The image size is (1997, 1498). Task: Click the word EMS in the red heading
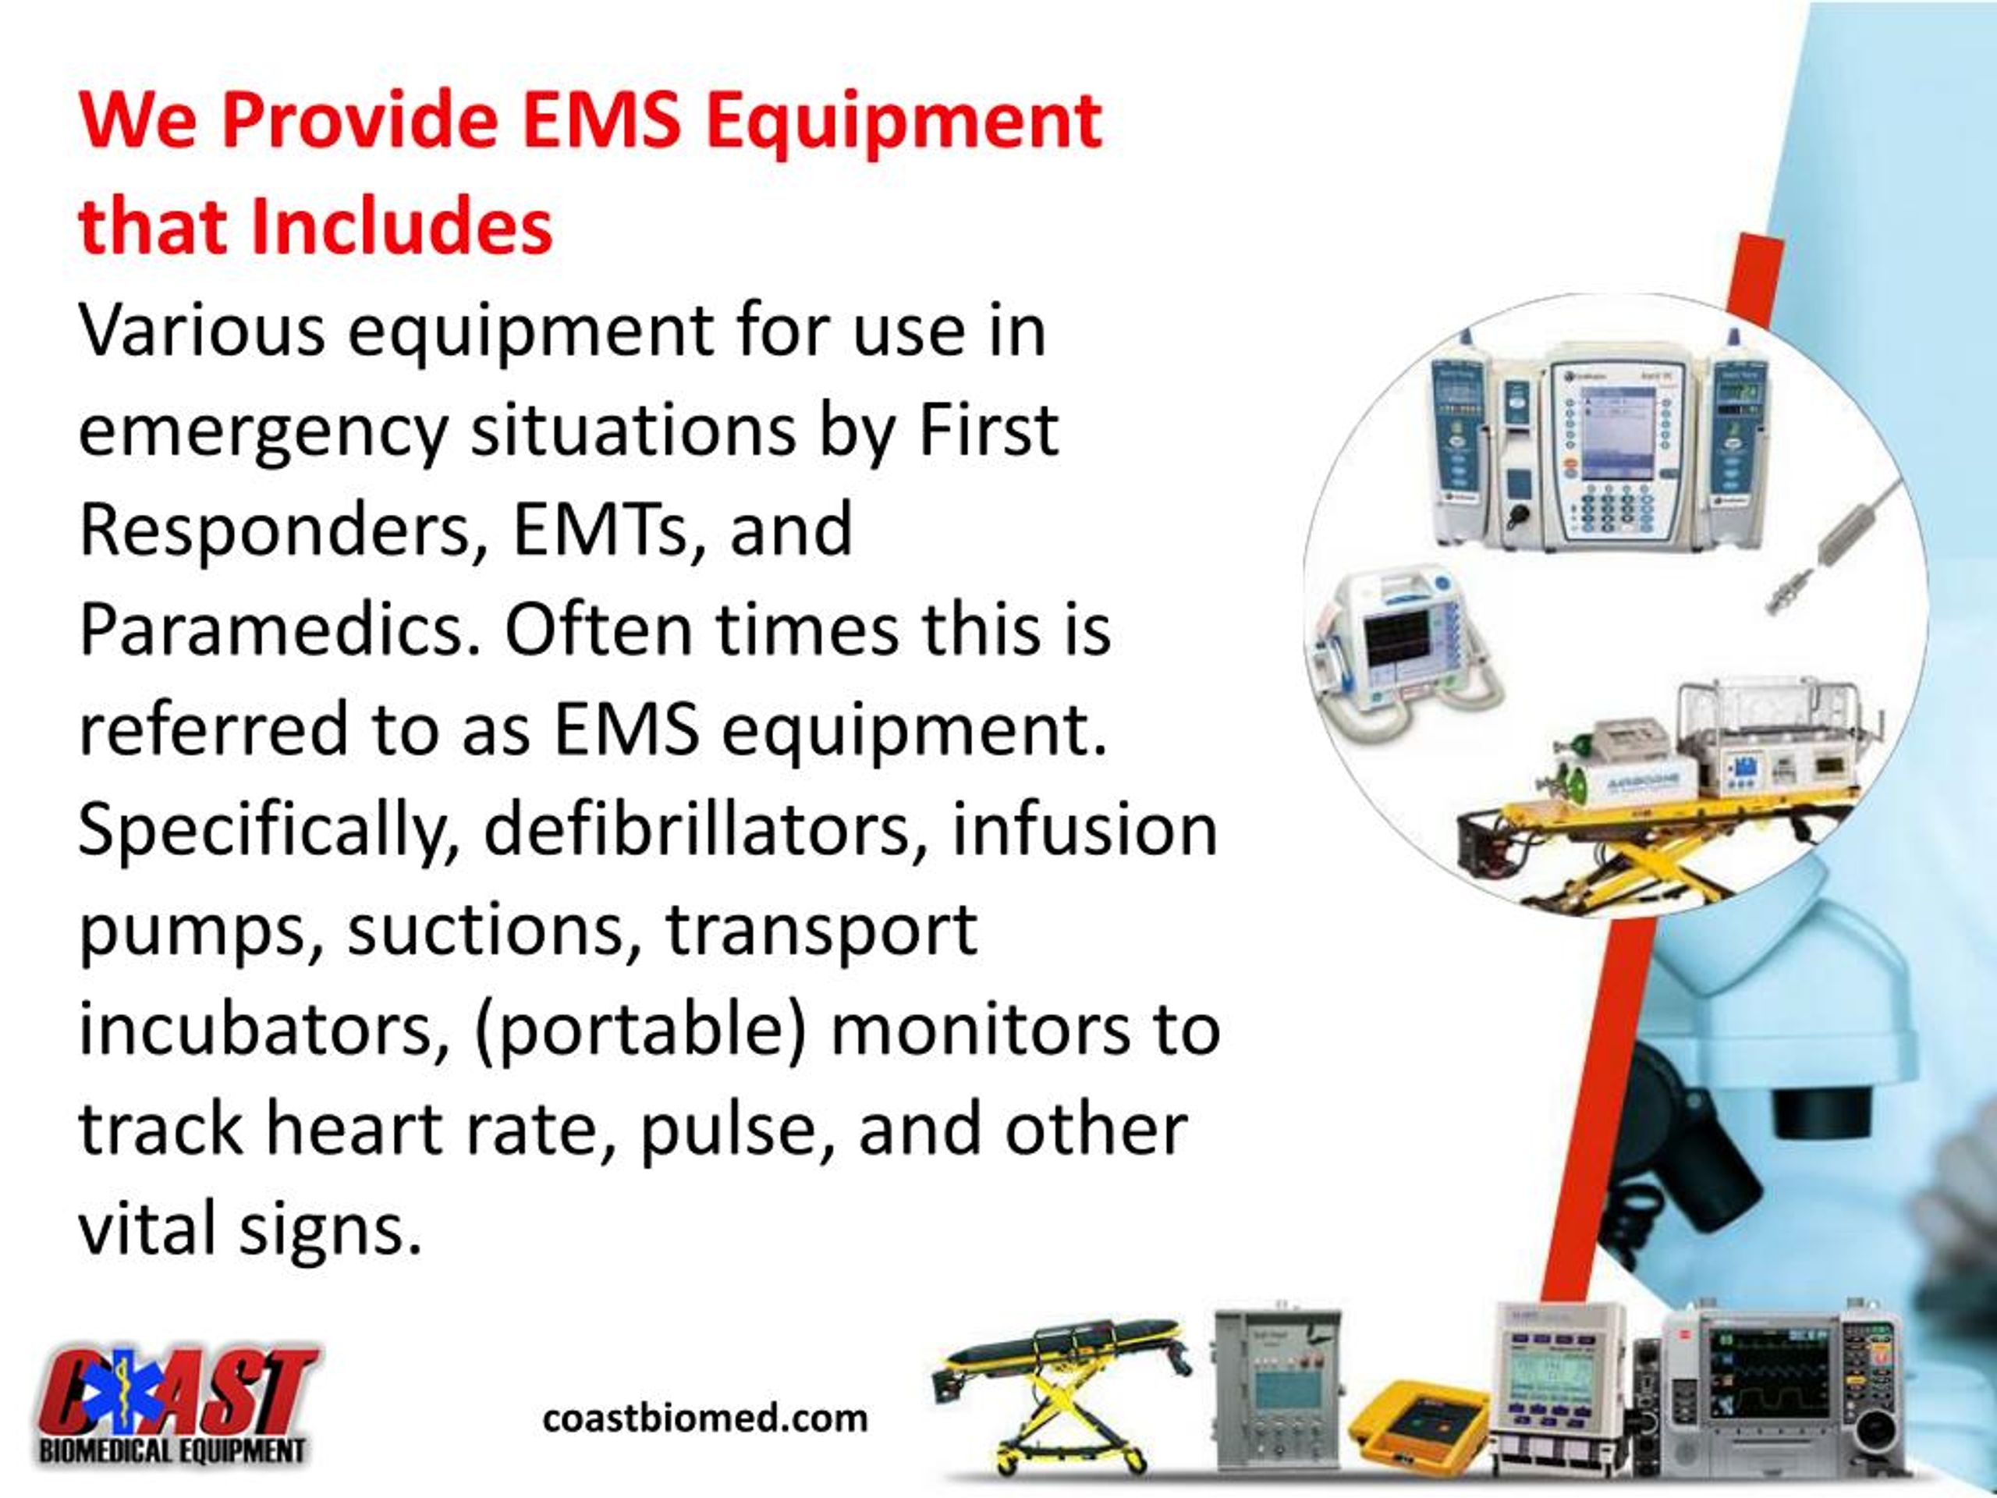tap(602, 122)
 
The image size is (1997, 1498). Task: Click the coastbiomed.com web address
tap(705, 1418)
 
